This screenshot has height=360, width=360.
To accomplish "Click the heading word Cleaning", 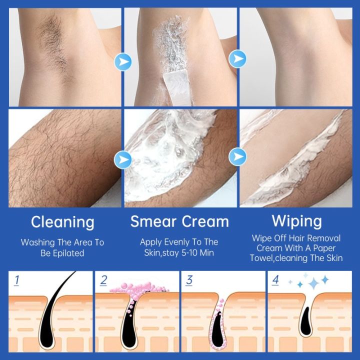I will [62, 221].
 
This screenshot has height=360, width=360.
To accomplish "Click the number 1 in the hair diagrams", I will [17, 280].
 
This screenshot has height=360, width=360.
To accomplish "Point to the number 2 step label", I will [103, 280].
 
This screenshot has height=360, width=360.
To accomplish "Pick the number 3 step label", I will [189, 280].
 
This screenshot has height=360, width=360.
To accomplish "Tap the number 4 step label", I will [275, 280].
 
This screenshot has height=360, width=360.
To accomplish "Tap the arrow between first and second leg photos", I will [121, 160].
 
